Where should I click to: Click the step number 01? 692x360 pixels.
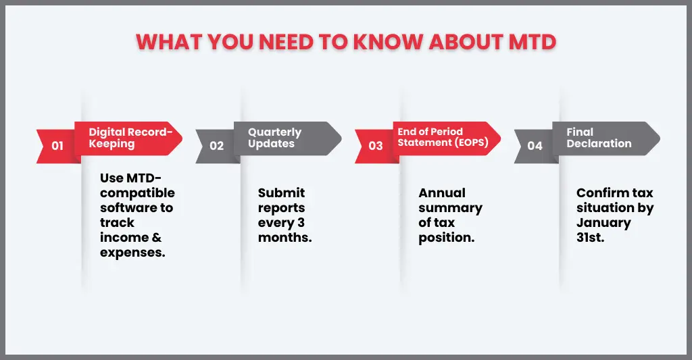point(57,145)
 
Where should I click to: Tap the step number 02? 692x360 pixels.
point(216,145)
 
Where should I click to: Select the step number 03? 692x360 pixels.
point(376,145)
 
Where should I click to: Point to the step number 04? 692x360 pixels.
point(535,145)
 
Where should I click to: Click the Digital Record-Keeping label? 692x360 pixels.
point(130,138)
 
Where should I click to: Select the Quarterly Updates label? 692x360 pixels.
point(274,138)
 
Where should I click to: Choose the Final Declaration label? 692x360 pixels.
point(599,138)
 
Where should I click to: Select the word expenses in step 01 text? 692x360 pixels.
point(132,253)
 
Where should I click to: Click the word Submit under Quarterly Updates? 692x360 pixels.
point(281,192)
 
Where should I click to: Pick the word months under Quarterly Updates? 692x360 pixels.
point(285,238)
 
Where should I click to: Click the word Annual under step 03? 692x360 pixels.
point(442,192)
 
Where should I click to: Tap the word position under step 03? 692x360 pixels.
point(447,238)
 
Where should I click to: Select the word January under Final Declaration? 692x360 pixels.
point(603,222)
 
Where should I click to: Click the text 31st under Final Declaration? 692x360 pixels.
point(591,238)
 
